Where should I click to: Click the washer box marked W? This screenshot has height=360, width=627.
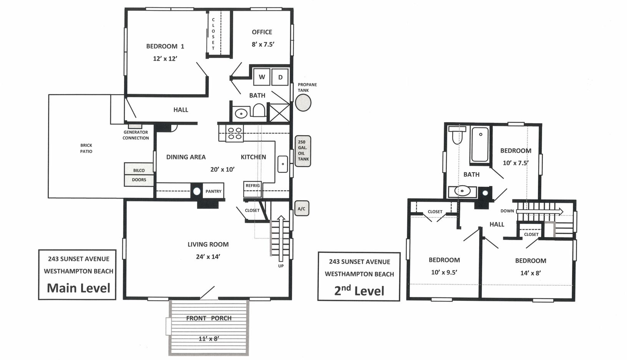262,77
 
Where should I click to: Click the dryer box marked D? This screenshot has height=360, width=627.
280,77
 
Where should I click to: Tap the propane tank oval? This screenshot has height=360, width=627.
303,102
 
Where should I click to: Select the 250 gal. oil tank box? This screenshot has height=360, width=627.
303,151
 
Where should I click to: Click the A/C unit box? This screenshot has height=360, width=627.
302,209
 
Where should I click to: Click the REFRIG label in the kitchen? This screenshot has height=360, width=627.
252,186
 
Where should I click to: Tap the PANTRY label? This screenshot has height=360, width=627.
213,191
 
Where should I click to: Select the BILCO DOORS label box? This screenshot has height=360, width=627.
139,175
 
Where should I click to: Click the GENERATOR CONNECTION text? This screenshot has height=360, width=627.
136,135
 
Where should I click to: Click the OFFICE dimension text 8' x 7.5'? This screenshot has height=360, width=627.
263,44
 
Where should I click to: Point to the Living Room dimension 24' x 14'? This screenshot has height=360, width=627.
208,257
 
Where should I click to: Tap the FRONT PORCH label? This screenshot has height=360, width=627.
209,318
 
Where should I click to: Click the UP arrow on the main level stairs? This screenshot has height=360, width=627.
281,238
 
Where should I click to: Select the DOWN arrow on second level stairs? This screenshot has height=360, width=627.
539,211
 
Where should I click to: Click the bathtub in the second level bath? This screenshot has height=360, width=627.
480,144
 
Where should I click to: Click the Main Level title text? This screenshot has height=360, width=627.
78,288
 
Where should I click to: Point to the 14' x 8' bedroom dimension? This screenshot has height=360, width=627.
530,273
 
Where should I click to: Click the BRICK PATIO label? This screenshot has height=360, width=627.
86,148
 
